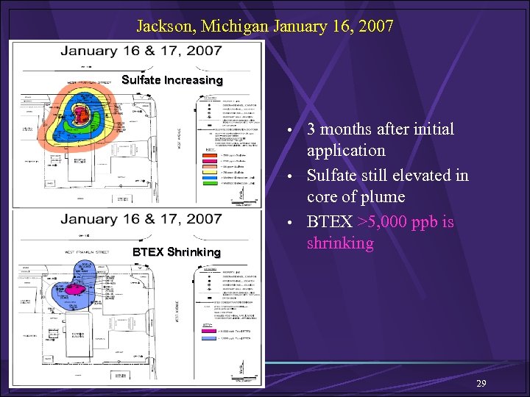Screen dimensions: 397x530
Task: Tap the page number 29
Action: click(481, 385)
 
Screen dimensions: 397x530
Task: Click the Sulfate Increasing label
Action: click(172, 80)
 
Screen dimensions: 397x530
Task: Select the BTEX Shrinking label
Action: click(176, 252)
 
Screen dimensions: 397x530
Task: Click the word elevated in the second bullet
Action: click(416, 175)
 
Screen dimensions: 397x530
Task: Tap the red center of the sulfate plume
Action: click(79, 112)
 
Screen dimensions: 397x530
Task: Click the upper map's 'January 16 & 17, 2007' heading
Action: click(141, 51)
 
